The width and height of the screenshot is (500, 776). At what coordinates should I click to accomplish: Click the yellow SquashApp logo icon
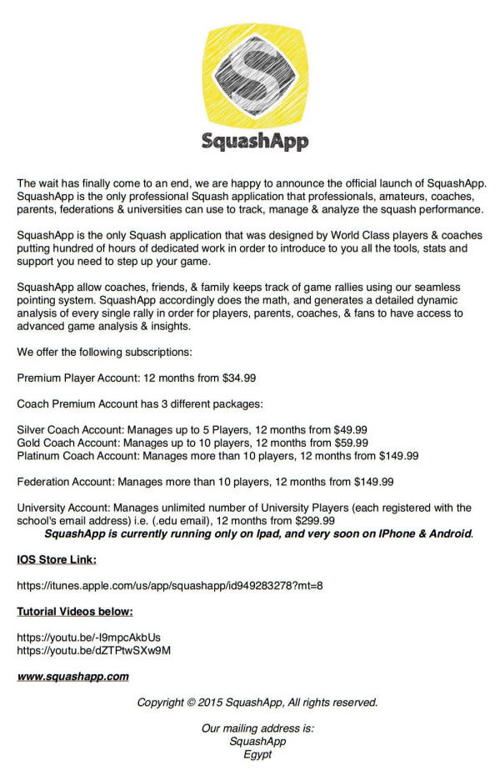click(x=255, y=75)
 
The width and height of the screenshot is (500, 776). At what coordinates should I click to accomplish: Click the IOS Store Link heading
click(x=57, y=558)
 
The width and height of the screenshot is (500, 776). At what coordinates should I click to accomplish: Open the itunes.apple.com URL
click(x=170, y=585)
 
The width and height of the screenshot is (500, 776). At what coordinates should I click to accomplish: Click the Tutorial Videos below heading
click(x=75, y=612)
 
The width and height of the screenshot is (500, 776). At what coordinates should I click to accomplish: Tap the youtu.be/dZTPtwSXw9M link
click(x=94, y=649)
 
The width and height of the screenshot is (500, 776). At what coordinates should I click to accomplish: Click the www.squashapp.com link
click(x=72, y=676)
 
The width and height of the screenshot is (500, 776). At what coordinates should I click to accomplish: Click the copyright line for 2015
click(x=257, y=702)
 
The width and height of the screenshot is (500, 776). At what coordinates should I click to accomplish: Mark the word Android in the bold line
click(x=449, y=533)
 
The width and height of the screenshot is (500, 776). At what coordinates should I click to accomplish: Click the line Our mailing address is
click(x=257, y=728)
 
